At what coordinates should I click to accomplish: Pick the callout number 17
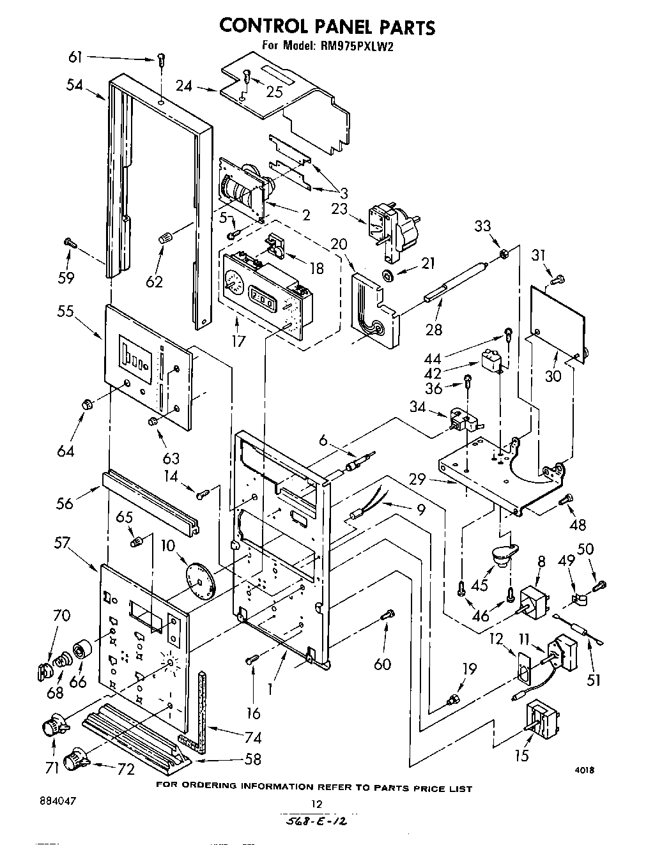point(238,340)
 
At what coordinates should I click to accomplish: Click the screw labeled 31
point(558,278)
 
